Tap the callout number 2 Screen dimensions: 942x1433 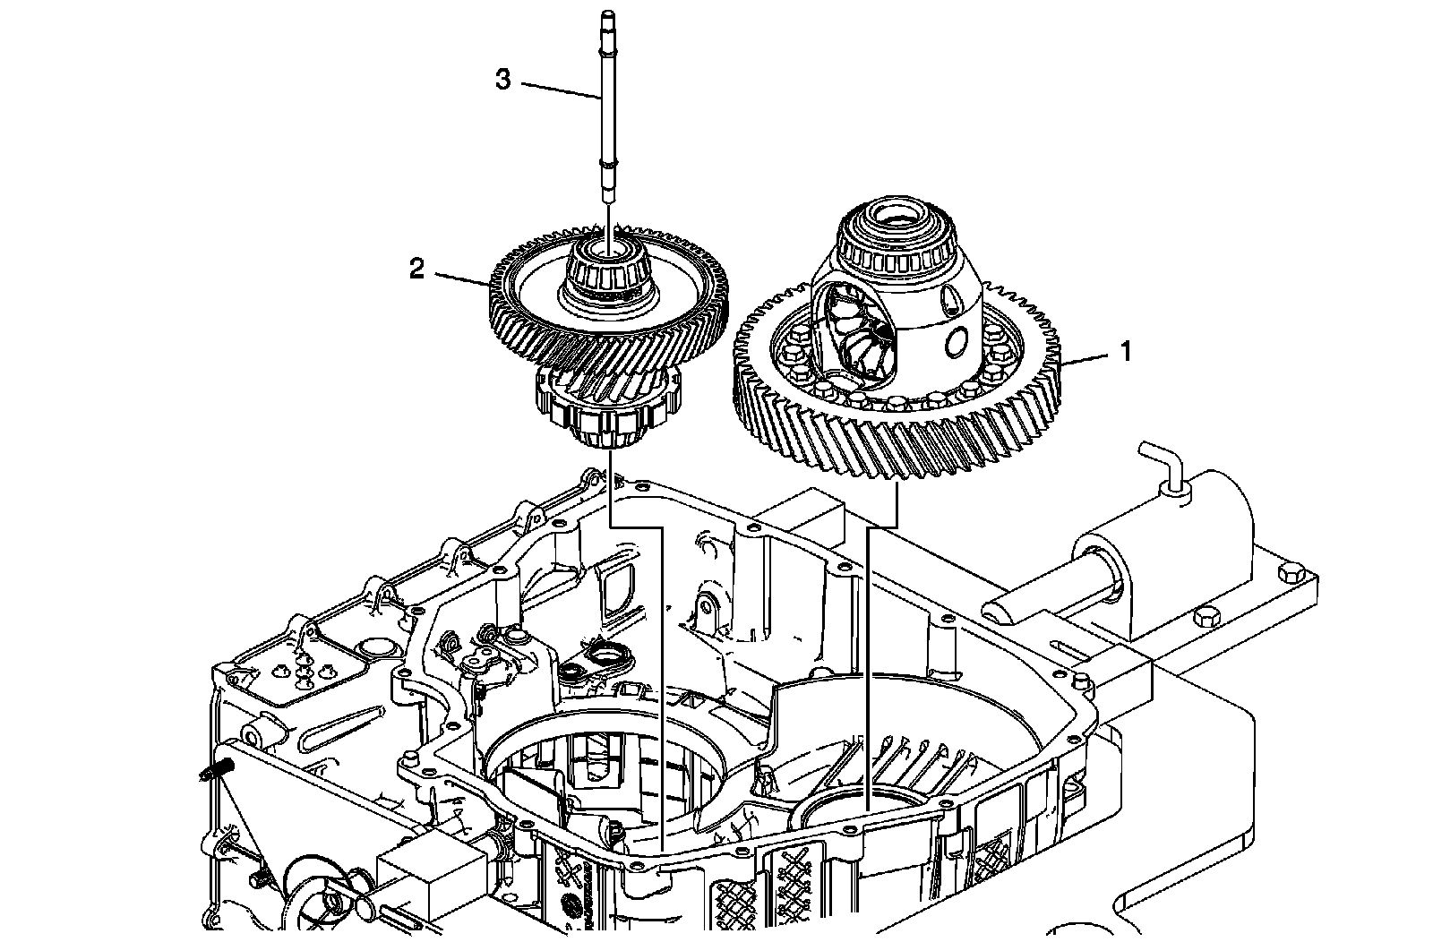pyautogui.click(x=416, y=269)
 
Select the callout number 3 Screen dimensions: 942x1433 pyautogui.click(x=503, y=80)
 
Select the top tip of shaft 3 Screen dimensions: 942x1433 pyautogui.click(x=606, y=14)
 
